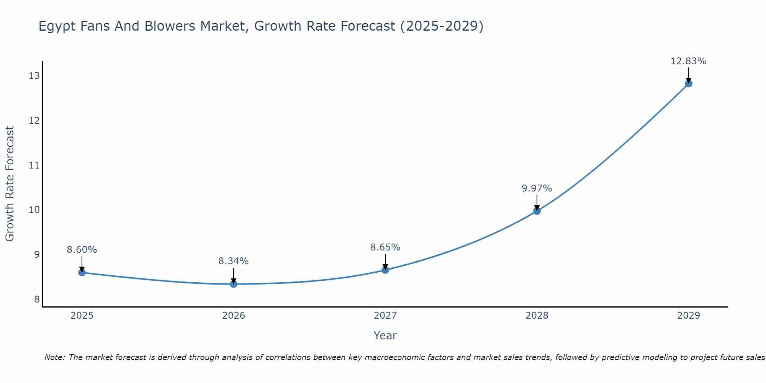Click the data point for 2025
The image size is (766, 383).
[82, 272]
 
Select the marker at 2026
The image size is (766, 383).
[234, 284]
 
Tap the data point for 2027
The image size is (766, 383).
[385, 270]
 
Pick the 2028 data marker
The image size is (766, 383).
[537, 211]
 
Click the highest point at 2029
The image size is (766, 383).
[688, 83]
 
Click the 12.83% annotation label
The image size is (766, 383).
[688, 61]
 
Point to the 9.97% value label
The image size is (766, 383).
[537, 188]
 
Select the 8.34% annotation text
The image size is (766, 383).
[233, 261]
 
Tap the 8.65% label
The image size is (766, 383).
[385, 247]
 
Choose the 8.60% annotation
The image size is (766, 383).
[82, 250]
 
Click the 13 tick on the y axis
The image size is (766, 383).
[34, 76]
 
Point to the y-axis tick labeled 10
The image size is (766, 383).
[34, 210]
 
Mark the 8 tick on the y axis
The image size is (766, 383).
[37, 299]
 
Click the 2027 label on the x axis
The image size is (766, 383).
[385, 316]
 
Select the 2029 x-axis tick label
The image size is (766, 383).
[688, 316]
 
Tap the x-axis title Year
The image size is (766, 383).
[385, 336]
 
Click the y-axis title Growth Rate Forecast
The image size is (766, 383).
[10, 184]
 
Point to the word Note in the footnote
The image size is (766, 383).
[55, 357]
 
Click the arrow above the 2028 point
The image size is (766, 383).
[537, 202]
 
